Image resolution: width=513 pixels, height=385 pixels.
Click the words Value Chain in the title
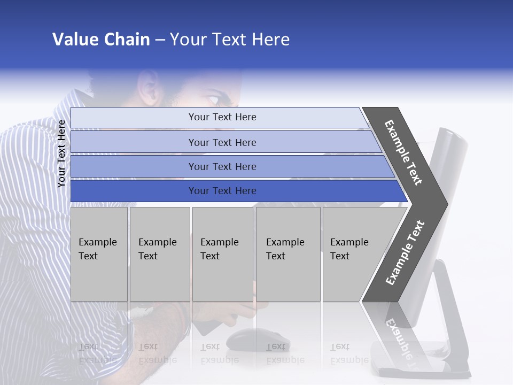coord(101,40)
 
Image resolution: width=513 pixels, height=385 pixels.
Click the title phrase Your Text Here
coord(230,40)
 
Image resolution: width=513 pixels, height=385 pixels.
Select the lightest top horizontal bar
coord(222,117)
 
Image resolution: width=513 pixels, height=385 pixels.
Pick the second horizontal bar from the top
coord(222,142)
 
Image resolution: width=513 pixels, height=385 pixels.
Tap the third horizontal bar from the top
coord(222,166)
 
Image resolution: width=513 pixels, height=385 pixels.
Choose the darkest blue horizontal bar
coord(222,191)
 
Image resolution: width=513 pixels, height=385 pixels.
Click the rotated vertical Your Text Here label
coord(62,153)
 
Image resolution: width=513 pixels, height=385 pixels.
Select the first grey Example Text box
coord(99,254)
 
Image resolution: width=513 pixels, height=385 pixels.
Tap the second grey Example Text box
coord(159,254)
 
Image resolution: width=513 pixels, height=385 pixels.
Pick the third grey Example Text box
coord(222,254)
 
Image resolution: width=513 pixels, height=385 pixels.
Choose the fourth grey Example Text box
coord(287,254)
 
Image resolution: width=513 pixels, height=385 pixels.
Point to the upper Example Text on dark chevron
coord(403,152)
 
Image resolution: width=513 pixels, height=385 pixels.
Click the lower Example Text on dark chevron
coord(405,252)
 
